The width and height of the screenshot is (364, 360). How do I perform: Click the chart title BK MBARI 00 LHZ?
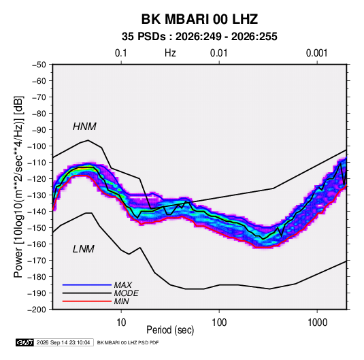click(x=199, y=19)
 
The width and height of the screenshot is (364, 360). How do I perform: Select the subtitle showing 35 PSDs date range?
click(x=199, y=37)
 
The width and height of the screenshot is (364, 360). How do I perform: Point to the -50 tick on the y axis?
click(x=39, y=65)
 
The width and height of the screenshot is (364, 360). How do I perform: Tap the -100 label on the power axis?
click(x=37, y=146)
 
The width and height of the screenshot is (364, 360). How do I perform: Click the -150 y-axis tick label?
click(x=37, y=228)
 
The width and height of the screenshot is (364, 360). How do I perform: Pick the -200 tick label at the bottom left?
click(x=37, y=310)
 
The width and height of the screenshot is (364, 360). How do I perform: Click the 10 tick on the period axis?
click(x=121, y=323)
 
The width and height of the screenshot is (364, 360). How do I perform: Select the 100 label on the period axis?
click(x=219, y=323)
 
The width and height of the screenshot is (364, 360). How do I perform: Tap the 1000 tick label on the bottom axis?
click(x=317, y=323)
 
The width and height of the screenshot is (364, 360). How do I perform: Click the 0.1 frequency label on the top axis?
click(x=121, y=53)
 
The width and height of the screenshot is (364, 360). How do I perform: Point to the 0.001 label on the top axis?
click(x=316, y=53)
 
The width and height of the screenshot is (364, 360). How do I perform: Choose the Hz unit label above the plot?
click(x=170, y=53)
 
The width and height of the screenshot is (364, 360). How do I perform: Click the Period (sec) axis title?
click(x=170, y=330)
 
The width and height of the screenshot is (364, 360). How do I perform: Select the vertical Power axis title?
click(x=18, y=186)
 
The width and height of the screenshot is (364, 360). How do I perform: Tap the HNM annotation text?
click(x=84, y=127)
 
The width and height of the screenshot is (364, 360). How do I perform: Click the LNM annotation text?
click(x=83, y=249)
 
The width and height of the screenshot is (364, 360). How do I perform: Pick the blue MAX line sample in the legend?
click(x=87, y=284)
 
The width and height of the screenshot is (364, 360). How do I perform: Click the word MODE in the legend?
click(x=127, y=293)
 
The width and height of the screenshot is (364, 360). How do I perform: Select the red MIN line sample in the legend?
click(x=87, y=301)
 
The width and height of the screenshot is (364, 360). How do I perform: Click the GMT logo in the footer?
click(x=25, y=342)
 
